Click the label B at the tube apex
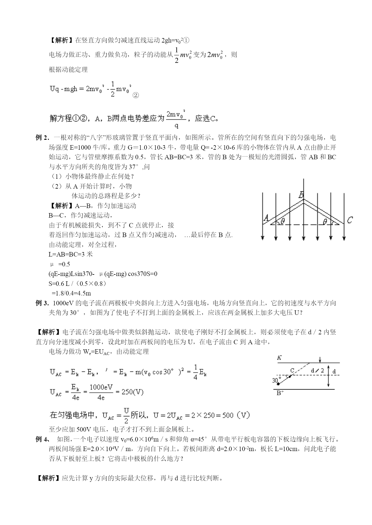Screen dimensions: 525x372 coord(301,195)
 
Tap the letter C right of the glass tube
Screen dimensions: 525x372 coord(350,221)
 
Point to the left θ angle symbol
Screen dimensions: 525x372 coord(283,221)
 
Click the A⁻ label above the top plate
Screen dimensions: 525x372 coord(279,357)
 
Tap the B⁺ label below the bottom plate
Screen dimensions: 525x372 coord(280,393)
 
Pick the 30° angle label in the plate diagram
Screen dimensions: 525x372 coord(276,380)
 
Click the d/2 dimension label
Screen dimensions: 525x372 coord(317,371)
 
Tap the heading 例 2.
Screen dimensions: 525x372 coord(42,138)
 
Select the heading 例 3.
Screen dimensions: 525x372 coord(42,303)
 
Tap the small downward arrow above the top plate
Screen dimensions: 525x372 coord(320,359)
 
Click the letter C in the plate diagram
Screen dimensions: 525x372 coord(292,370)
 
